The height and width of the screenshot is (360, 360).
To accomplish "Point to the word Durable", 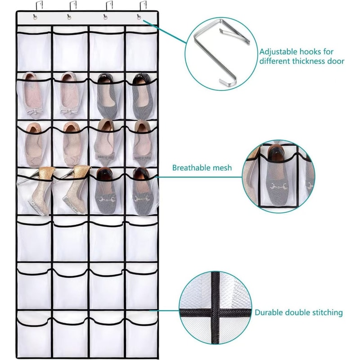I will point(269,312).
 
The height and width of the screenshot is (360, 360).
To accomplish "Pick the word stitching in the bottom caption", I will point(326,312).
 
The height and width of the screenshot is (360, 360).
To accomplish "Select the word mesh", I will point(222,168).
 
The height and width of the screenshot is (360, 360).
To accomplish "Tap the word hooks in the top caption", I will point(310,51).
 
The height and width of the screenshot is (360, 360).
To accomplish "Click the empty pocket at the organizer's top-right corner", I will point(141,52).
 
